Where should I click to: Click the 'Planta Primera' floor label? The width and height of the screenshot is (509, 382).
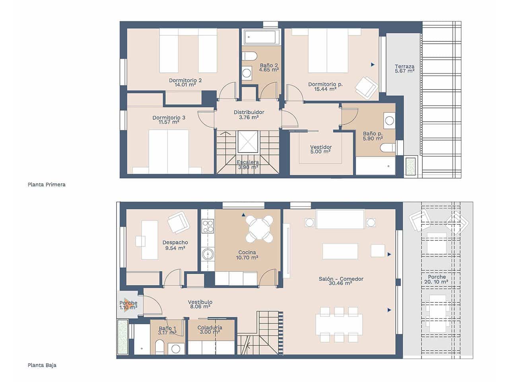click(x=47, y=185)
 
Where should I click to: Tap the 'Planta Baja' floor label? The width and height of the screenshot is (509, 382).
click(x=42, y=365)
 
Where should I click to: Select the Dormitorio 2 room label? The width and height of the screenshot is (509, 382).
click(x=185, y=82)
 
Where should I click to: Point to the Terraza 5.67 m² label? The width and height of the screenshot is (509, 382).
click(x=404, y=68)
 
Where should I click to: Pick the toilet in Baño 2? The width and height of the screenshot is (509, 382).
click(x=249, y=56)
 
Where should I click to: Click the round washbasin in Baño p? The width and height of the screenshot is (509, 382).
click(x=389, y=120)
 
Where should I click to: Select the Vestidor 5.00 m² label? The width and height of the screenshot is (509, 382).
click(x=321, y=149)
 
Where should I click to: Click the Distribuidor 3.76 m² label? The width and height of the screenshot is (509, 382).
click(x=249, y=115)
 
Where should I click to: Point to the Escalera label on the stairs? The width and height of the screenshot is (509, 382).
click(x=248, y=164)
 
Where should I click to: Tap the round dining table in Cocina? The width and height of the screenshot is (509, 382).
click(x=259, y=229)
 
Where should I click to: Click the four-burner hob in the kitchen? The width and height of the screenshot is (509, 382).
click(x=208, y=226)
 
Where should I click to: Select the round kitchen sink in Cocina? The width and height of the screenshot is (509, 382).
click(x=207, y=254)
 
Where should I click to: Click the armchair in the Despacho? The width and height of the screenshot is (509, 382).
click(x=178, y=222)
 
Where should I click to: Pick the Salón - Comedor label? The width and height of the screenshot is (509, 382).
click(x=341, y=281)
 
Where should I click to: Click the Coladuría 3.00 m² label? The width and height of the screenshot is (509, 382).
click(x=210, y=329)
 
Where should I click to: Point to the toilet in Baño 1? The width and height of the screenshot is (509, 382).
click(x=159, y=347)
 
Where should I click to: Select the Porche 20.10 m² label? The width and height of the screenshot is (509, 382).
click(x=436, y=279)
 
